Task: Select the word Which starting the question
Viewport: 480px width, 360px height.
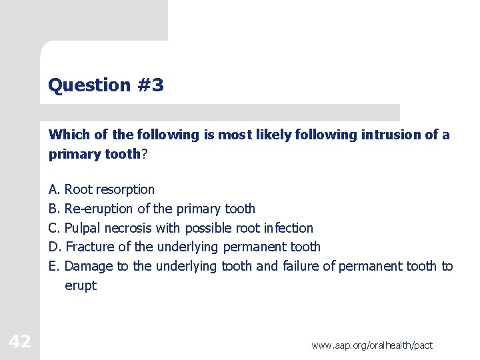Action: click(x=69, y=135)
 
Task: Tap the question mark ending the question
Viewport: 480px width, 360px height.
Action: click(x=145, y=154)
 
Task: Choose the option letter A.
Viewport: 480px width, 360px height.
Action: click(x=53, y=189)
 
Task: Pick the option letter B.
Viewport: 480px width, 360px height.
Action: click(x=53, y=209)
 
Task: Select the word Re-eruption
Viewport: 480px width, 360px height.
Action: click(x=99, y=209)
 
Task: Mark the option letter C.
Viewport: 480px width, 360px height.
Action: click(x=53, y=228)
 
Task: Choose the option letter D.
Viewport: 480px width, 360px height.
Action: click(x=54, y=247)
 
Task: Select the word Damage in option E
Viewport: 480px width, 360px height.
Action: click(x=89, y=267)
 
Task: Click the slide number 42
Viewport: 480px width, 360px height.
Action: click(x=20, y=342)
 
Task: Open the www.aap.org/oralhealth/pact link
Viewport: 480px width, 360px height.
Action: click(x=372, y=345)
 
